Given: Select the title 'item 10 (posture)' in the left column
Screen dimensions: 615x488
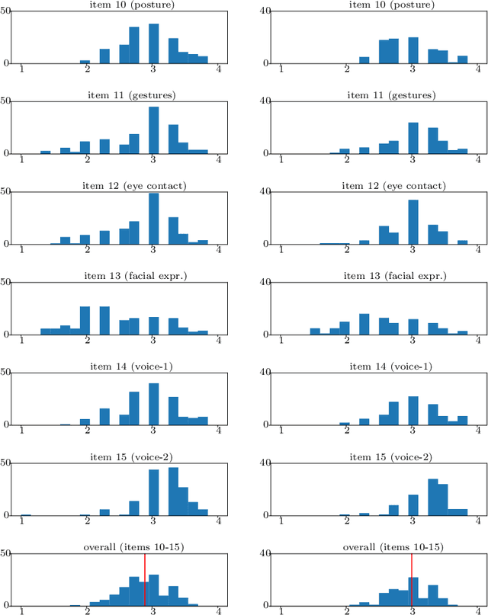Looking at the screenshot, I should click(120, 5).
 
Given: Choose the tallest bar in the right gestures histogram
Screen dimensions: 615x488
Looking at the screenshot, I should click(413, 138).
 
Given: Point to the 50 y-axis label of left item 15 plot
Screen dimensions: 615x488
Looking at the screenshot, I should click(5, 463).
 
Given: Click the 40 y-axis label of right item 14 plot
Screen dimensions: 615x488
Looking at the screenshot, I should click(266, 373).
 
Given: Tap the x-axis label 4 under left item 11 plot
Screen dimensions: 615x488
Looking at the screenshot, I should click(220, 160).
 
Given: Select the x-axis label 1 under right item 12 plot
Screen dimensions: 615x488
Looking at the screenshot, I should click(282, 251).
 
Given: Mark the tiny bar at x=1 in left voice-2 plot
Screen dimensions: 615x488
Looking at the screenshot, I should click(26, 515).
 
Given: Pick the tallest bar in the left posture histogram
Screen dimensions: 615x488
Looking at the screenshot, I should click(153, 43).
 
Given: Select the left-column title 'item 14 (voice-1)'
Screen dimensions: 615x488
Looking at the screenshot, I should click(120, 367).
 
